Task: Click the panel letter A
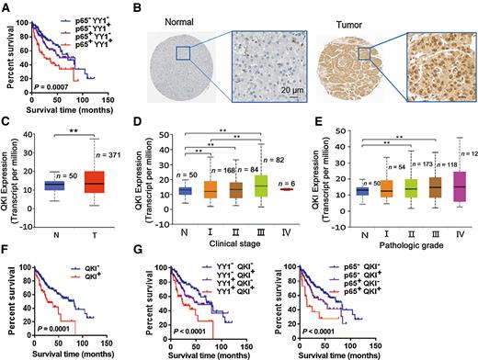click(6, 7)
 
